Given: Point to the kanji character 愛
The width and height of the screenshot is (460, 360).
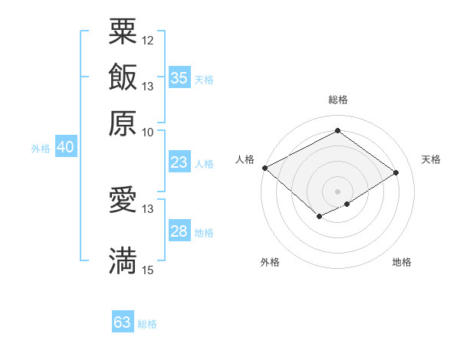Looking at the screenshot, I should click(x=123, y=200).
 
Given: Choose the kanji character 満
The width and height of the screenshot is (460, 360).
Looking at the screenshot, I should click(x=123, y=260).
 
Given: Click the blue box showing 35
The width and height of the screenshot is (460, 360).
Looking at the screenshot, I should click(x=179, y=78).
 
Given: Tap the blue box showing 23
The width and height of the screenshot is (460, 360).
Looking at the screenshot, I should click(x=179, y=162).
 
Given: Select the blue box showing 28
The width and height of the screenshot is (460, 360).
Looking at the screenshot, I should click(x=179, y=231).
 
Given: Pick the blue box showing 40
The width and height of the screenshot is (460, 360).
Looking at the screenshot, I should click(x=66, y=148).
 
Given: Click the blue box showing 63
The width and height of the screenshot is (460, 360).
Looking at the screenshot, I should click(x=123, y=322).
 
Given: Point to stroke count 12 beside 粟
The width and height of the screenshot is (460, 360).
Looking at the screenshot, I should click(x=148, y=39).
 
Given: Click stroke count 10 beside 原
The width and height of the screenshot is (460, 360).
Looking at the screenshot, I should click(x=148, y=132).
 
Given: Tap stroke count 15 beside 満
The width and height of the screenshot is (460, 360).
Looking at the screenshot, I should click(x=148, y=270).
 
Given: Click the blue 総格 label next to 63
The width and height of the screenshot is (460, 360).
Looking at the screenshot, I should click(x=147, y=324).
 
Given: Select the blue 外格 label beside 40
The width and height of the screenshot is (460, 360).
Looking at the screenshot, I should click(x=41, y=149).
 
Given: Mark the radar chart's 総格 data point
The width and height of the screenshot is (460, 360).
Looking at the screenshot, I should click(x=337, y=131).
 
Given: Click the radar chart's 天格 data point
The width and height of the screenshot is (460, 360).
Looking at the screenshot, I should click(x=396, y=173).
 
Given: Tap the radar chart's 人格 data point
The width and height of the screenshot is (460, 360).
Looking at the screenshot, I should click(x=264, y=168).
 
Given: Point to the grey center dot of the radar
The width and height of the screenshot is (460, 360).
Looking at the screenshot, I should click(x=337, y=191).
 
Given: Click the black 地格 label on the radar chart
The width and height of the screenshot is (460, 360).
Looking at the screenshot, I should click(x=402, y=263).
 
